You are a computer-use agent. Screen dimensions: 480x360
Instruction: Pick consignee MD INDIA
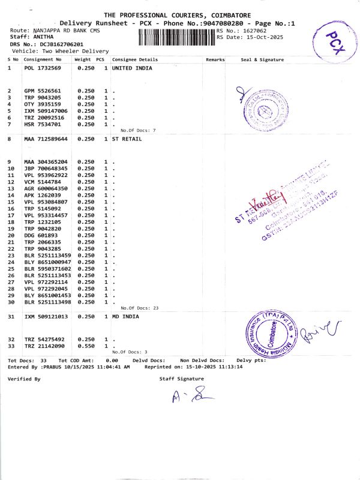point(125,316)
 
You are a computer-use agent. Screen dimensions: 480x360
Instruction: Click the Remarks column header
point(215,60)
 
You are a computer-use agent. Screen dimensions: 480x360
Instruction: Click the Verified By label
point(24,379)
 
